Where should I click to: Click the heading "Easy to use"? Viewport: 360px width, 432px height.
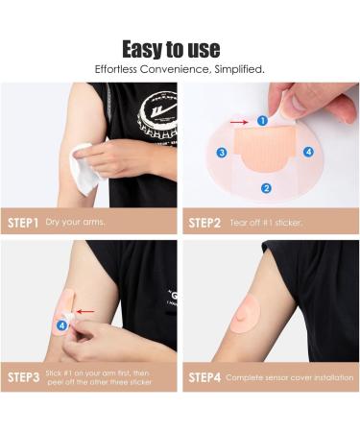point(180,48)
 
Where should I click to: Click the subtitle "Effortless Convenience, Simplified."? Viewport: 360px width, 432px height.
point(180,70)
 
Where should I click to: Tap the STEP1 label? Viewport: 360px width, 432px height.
point(23,222)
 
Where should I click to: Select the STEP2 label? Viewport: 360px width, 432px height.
point(204,222)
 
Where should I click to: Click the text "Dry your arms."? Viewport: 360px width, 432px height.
point(75,222)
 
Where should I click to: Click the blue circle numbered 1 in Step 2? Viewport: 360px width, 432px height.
point(262,121)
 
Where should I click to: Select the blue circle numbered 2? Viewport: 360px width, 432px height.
point(267,188)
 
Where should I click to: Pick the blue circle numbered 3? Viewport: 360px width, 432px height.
point(221,153)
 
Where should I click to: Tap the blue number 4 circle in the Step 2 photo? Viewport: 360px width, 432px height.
point(308,152)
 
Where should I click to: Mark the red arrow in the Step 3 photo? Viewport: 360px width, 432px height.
point(85,311)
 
